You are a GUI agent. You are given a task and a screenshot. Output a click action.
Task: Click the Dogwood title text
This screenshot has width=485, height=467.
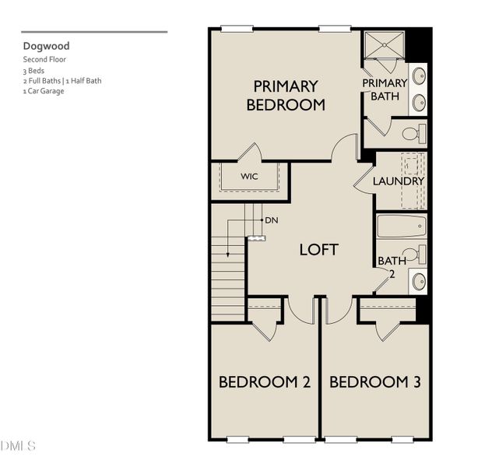pyautogui.click(x=47, y=47)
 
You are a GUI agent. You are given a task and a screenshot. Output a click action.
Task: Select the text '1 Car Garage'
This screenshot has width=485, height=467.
pyautogui.click(x=44, y=91)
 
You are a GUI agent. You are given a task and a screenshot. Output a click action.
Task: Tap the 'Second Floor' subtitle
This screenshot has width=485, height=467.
pyautogui.click(x=44, y=59)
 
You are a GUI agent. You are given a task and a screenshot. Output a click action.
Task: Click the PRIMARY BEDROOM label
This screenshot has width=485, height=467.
pyautogui.click(x=286, y=96)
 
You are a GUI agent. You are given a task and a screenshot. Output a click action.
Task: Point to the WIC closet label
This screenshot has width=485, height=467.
pyautogui.click(x=249, y=177)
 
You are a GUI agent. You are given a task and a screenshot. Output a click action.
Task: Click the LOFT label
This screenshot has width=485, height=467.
pyautogui.click(x=319, y=250)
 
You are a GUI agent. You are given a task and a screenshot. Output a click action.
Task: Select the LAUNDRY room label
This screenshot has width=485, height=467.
pyautogui.click(x=398, y=181)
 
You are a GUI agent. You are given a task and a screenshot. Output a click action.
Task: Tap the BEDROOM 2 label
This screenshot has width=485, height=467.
pyautogui.click(x=265, y=382)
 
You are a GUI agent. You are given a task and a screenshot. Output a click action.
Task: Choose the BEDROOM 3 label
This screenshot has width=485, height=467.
pyautogui.click(x=375, y=382)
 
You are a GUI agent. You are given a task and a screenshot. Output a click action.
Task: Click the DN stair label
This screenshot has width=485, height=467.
pyautogui.click(x=272, y=220)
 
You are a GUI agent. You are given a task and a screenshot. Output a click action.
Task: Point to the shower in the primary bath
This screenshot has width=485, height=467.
pyautogui.click(x=385, y=45)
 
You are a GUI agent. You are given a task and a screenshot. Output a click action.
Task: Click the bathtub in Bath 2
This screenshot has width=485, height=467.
pyautogui.click(x=402, y=226)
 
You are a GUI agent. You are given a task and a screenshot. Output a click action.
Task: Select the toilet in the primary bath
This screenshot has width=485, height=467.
pyautogui.click(x=414, y=134)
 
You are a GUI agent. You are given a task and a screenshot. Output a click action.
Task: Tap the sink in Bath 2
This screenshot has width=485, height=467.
pyautogui.click(x=419, y=282)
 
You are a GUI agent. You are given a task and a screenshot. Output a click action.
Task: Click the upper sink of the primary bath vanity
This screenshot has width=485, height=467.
pyautogui.click(x=419, y=75)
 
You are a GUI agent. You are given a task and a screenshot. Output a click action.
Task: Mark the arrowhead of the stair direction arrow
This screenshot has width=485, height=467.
pyautogui.click(x=228, y=255)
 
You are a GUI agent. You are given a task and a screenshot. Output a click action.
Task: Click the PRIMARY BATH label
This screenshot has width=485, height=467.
pyautogui.click(x=385, y=90)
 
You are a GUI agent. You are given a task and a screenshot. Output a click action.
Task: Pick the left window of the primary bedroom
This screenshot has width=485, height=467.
pyautogui.click(x=237, y=29)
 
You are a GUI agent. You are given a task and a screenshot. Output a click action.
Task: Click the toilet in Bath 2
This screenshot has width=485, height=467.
pyautogui.click(x=415, y=255)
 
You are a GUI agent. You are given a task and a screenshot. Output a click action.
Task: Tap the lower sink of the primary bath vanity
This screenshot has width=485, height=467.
pyautogui.click(x=419, y=102)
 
